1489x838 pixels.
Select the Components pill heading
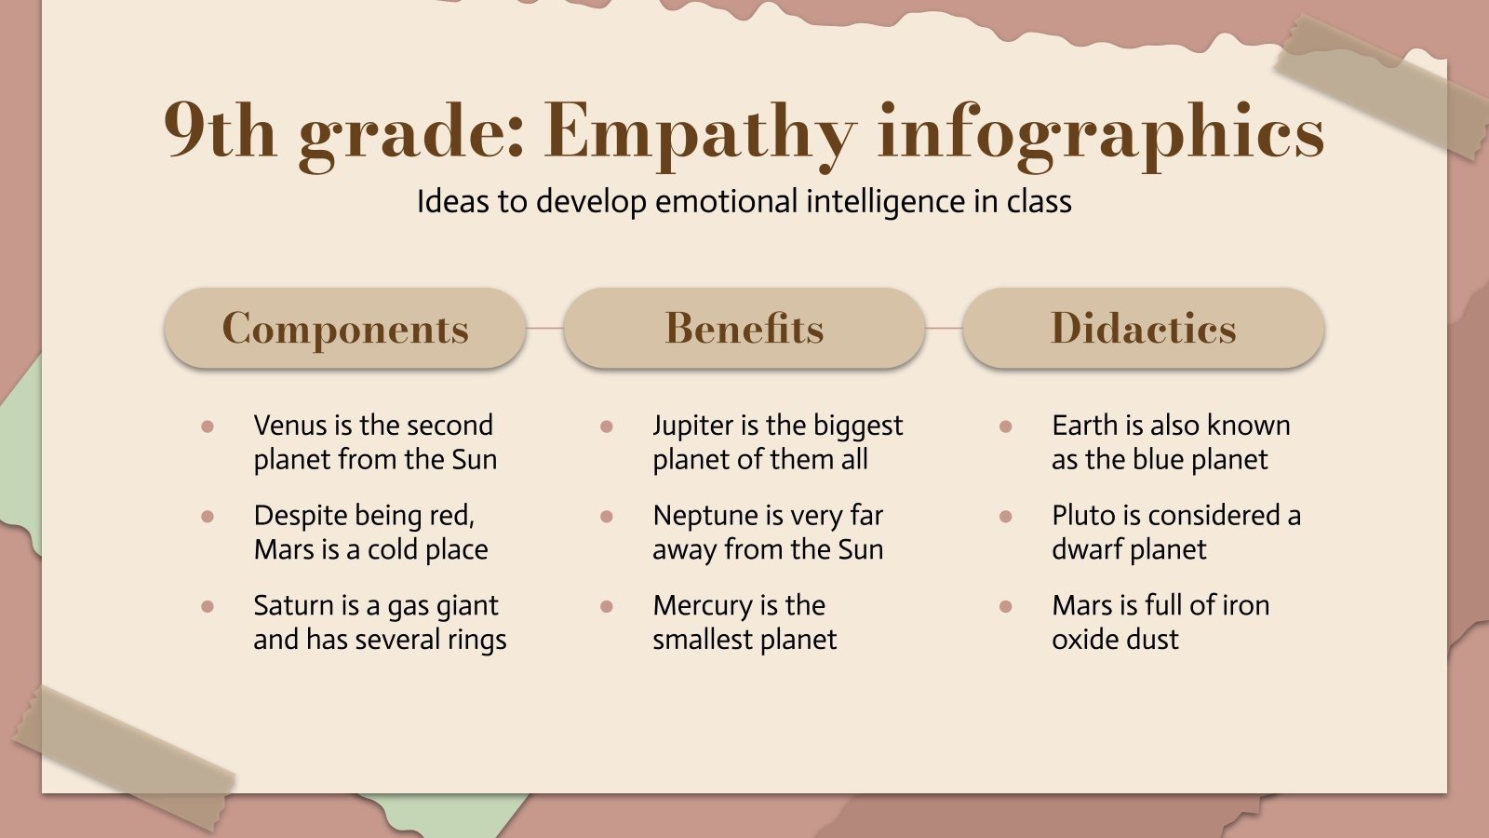[345, 329]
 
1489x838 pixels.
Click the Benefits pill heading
[744, 329]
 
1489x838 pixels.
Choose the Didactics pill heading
[1144, 329]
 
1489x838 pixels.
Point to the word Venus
[290, 426]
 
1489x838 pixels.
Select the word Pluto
[1081, 516]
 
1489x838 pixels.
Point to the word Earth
[1084, 426]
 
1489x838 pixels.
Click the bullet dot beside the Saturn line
[208, 607]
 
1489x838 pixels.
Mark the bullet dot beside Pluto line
[1006, 517]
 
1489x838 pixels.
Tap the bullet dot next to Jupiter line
[607, 426]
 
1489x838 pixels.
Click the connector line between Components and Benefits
[544, 329]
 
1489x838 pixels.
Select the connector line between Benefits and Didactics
[944, 329]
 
